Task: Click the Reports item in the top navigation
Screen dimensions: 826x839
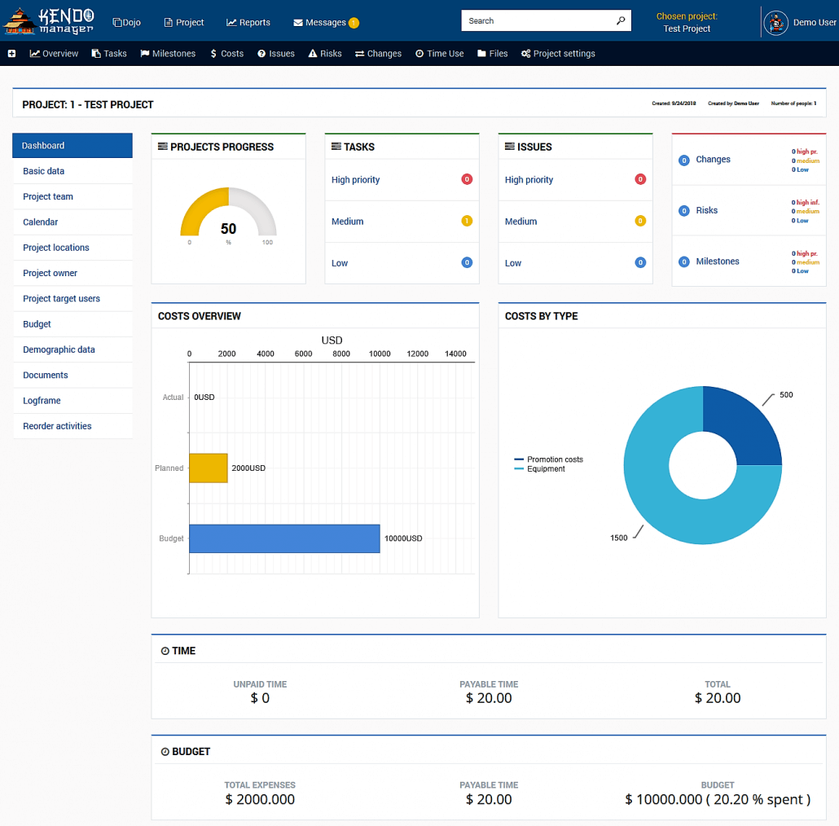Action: coord(248,23)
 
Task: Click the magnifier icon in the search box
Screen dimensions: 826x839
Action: coord(621,21)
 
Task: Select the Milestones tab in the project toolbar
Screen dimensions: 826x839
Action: coord(169,54)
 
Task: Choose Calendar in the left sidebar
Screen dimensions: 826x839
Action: coord(41,222)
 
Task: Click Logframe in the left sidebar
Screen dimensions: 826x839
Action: coord(42,401)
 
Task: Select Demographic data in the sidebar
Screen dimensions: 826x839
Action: coord(59,349)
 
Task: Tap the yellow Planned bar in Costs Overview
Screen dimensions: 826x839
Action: coord(209,468)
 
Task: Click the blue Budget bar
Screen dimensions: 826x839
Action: coord(284,538)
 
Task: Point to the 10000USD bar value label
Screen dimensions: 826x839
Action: coord(403,538)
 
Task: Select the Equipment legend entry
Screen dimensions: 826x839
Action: coord(546,469)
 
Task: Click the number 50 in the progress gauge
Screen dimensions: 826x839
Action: coord(228,229)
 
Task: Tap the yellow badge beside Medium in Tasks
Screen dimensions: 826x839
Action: coord(467,221)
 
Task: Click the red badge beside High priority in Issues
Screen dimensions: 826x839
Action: coord(640,179)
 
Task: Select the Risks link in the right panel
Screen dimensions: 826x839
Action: coord(706,210)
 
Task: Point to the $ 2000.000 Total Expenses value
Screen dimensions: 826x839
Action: coord(260,799)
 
